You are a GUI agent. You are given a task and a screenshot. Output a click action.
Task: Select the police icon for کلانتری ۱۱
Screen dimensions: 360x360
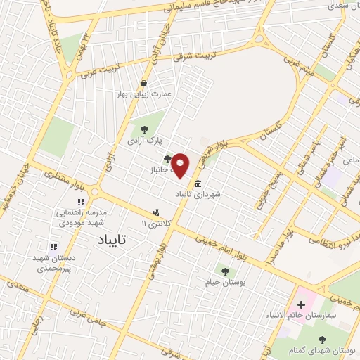[x=157, y=212]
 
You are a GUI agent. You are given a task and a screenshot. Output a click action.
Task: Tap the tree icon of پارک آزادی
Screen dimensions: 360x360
[x=144, y=129]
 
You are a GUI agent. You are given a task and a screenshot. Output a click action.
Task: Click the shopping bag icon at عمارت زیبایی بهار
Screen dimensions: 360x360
[x=144, y=82]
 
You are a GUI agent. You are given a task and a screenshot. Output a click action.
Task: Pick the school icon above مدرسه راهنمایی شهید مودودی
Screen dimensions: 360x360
[x=81, y=202]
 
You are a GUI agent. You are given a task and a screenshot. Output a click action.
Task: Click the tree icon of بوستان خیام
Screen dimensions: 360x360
[x=225, y=271]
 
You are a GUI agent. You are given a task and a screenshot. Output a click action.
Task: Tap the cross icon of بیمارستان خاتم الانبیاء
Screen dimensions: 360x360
[x=302, y=304]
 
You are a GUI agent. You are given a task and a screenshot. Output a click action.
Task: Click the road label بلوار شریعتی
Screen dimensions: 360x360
[x=210, y=150]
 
